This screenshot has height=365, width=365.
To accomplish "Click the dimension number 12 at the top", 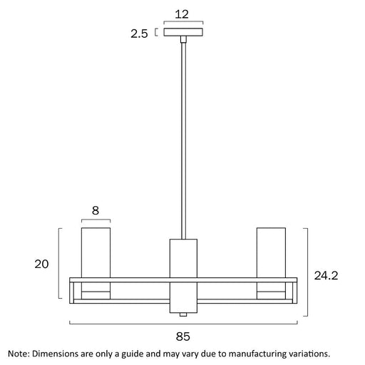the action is pos(182,14).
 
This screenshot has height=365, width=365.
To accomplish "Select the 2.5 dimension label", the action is pos(139,34).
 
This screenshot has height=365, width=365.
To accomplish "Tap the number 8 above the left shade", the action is pos(96,210).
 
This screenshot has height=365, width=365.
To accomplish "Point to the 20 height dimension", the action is pos(41,264).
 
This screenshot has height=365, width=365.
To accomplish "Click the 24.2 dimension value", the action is pos(326,276).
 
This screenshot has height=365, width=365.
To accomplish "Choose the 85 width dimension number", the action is pos(183,336).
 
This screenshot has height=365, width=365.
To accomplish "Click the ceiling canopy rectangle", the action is pos(183,32).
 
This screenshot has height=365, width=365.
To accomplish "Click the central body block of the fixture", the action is pos(183,276).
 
